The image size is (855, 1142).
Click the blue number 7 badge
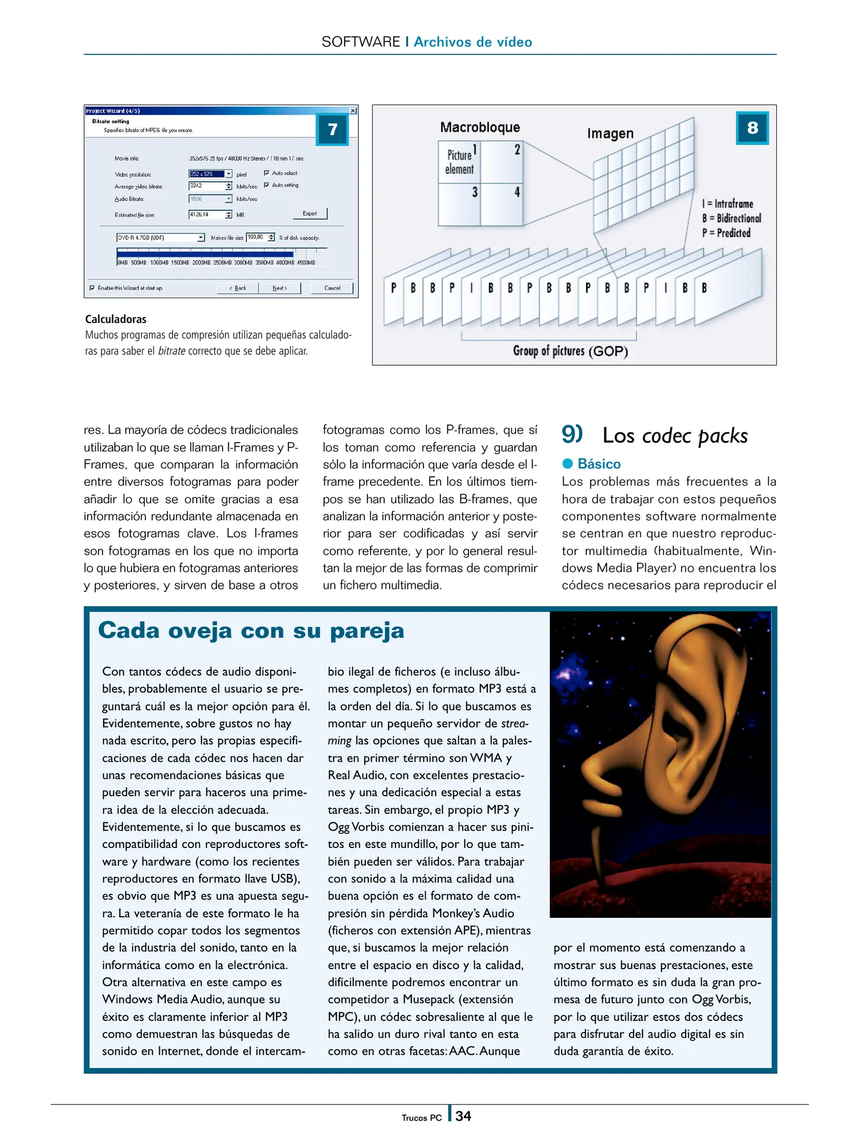pos(332,129)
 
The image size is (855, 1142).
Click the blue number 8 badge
pos(751,127)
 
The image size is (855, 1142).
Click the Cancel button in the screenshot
pos(332,288)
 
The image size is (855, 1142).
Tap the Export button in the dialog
pos(310,214)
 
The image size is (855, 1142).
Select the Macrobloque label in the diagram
pos(480,127)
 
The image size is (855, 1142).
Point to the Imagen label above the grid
pos(610,133)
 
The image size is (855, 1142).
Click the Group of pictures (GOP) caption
pos(570,351)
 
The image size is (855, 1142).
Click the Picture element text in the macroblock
pos(459,162)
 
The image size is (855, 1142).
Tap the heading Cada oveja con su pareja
pos(251,631)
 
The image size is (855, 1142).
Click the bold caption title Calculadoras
pos(116,319)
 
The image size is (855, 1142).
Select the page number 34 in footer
pos(463,1116)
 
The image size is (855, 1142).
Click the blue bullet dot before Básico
pos(567,464)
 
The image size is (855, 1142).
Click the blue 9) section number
pos(572,434)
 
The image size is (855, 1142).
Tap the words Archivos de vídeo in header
pos(472,42)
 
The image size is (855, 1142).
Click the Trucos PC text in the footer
pos(421,1118)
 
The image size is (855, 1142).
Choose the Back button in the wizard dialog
pos(238,288)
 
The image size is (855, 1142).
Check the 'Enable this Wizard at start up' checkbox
pos(93,288)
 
